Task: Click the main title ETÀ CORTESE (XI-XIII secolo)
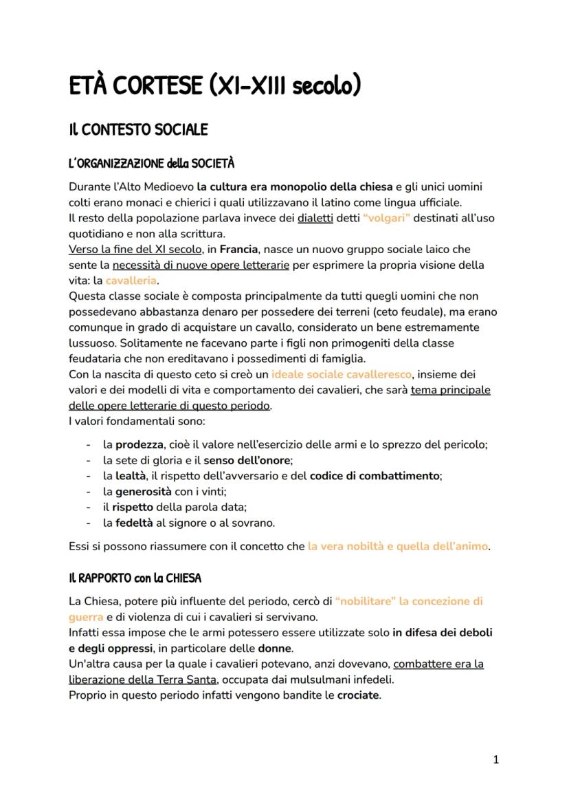(214, 87)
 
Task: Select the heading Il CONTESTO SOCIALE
(138, 130)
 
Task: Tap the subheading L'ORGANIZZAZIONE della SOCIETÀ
(151, 164)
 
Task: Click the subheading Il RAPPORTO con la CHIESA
(135, 577)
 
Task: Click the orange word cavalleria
(131, 281)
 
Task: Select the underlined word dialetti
(315, 218)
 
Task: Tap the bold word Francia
(238, 250)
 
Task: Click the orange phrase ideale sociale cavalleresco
(342, 375)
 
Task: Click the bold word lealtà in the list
(131, 476)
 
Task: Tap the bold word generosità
(143, 492)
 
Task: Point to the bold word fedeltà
(134, 523)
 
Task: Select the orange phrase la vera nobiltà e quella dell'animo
(398, 546)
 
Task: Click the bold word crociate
(357, 695)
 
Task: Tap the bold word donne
(275, 648)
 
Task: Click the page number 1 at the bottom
(495, 760)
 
